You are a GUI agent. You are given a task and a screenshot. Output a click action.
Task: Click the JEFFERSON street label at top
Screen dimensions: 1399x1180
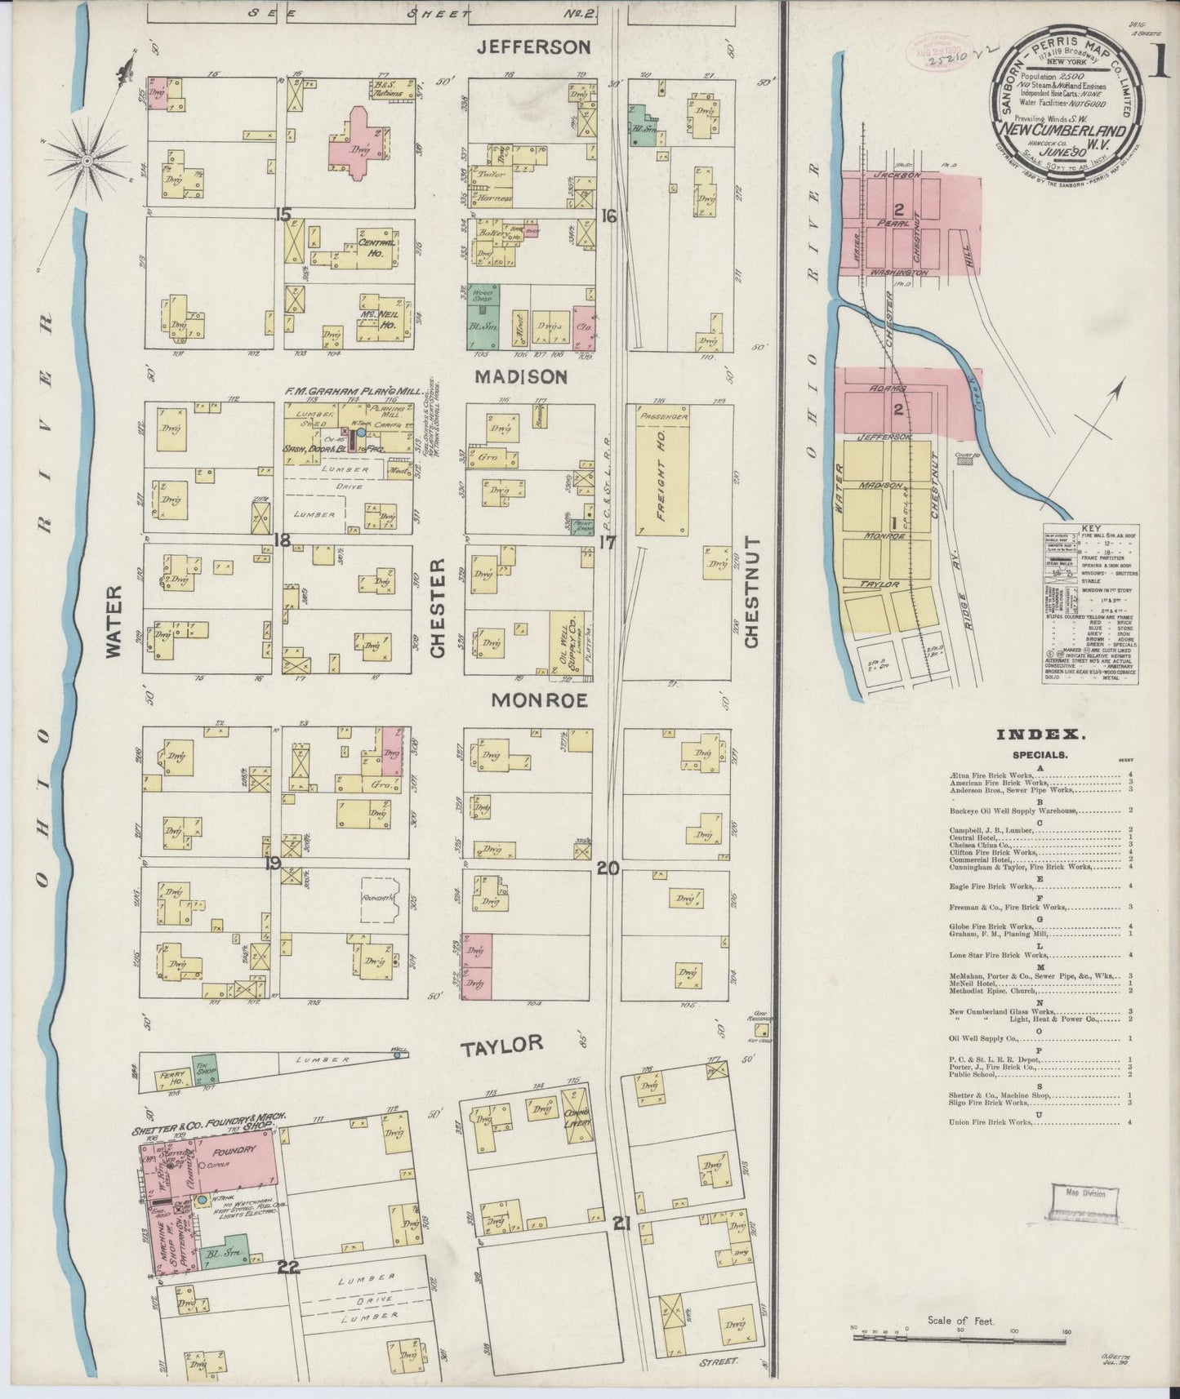point(533,47)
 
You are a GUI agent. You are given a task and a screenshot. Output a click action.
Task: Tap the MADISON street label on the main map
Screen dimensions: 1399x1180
point(529,377)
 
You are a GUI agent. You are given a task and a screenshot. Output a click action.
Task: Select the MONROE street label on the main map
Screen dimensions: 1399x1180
point(539,700)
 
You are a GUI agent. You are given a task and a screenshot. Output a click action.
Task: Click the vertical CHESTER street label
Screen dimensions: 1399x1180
point(437,608)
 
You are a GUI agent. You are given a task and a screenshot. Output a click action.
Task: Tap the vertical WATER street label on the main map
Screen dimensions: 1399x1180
point(113,622)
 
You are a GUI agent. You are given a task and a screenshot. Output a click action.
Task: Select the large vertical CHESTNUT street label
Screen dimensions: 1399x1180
point(751,592)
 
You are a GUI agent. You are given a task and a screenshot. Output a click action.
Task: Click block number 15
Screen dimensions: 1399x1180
point(283,215)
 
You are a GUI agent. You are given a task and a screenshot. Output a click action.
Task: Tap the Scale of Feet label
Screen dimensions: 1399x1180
point(960,1320)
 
